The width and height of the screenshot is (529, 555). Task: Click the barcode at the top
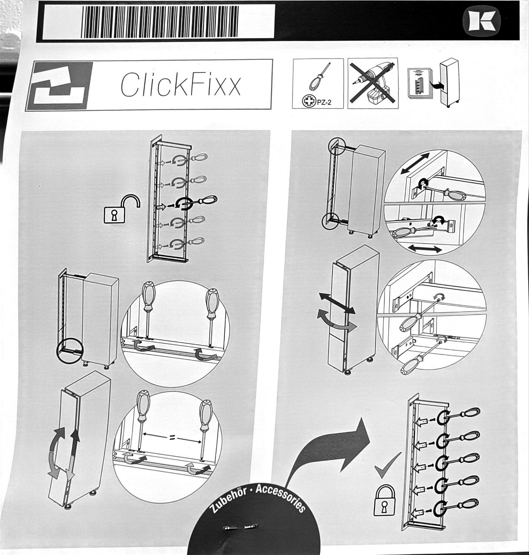tap(160, 22)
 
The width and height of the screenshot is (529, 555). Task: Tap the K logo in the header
tap(481, 21)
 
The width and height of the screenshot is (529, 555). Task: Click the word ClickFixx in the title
tap(181, 85)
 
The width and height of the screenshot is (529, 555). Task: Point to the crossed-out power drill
tap(373, 83)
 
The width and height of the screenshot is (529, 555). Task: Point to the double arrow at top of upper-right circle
tap(415, 163)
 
